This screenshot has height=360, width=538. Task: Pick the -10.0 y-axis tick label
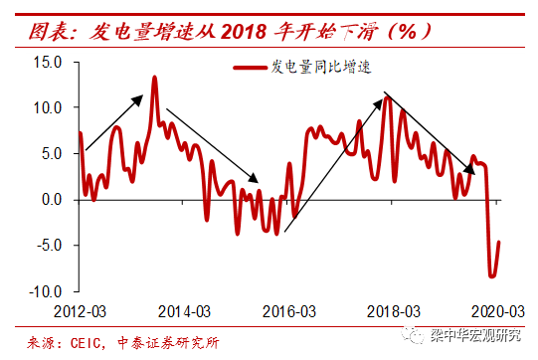coord(47,291)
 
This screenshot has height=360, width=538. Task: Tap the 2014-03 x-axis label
coord(184,310)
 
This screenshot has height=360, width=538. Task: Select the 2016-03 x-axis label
coord(289,310)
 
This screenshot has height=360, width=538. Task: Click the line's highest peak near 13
coord(155,77)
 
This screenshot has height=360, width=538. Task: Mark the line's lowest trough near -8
coord(491,276)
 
